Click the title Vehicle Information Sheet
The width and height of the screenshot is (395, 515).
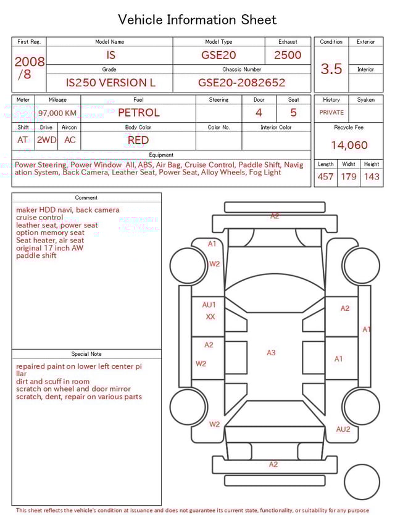[197, 20]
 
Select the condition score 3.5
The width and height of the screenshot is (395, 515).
[331, 69]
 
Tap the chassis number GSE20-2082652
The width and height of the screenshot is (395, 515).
[241, 83]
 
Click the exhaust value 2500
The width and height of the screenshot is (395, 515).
[288, 55]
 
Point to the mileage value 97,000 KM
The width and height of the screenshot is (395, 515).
[57, 113]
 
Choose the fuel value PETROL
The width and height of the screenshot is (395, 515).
[138, 112]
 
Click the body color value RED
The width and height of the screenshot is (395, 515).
[138, 140]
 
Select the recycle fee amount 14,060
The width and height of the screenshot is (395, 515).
[349, 145]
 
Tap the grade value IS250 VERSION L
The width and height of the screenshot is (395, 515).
[110, 83]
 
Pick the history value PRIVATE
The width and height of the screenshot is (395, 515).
[331, 112]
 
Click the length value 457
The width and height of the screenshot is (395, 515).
[325, 176]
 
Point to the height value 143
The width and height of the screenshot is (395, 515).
[372, 176]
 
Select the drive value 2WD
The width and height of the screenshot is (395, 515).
[46, 140]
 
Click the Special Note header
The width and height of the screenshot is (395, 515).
[86, 354]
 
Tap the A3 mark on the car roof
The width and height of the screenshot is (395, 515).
[271, 353]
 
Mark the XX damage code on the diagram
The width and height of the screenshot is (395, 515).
[210, 316]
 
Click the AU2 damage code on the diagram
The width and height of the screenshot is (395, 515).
[343, 429]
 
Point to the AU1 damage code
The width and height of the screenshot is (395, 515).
[209, 305]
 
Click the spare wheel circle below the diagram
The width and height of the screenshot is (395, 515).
[362, 482]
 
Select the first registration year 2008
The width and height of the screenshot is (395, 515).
[30, 62]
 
